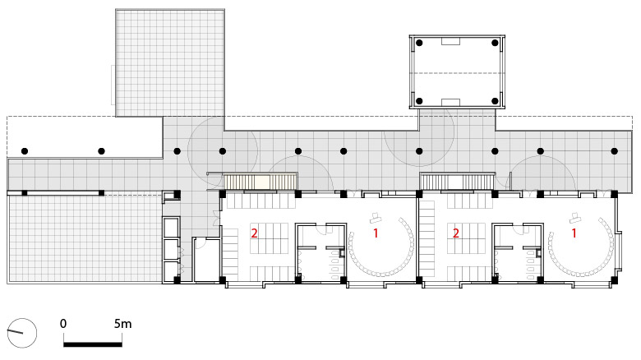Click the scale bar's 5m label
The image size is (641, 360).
[x=122, y=324]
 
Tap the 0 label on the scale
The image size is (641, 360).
[x=63, y=324]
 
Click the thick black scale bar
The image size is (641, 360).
[x=93, y=344]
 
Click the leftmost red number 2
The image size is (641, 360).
[x=254, y=233]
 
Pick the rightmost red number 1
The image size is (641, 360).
[x=574, y=233]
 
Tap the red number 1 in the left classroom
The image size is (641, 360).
[x=376, y=233]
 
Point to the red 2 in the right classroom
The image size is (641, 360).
[x=456, y=233]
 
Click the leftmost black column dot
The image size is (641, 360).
[x=25, y=151]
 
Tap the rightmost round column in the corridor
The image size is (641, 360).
[x=614, y=151]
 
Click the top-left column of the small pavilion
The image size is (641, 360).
[x=419, y=43]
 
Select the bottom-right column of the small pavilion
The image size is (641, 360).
[x=495, y=100]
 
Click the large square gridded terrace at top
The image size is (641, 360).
[x=170, y=62]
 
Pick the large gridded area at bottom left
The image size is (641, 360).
[x=85, y=238]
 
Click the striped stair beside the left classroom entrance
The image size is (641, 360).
[x=261, y=182]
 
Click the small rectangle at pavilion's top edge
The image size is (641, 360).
[x=450, y=41]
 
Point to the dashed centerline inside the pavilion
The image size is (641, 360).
[x=457, y=74]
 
